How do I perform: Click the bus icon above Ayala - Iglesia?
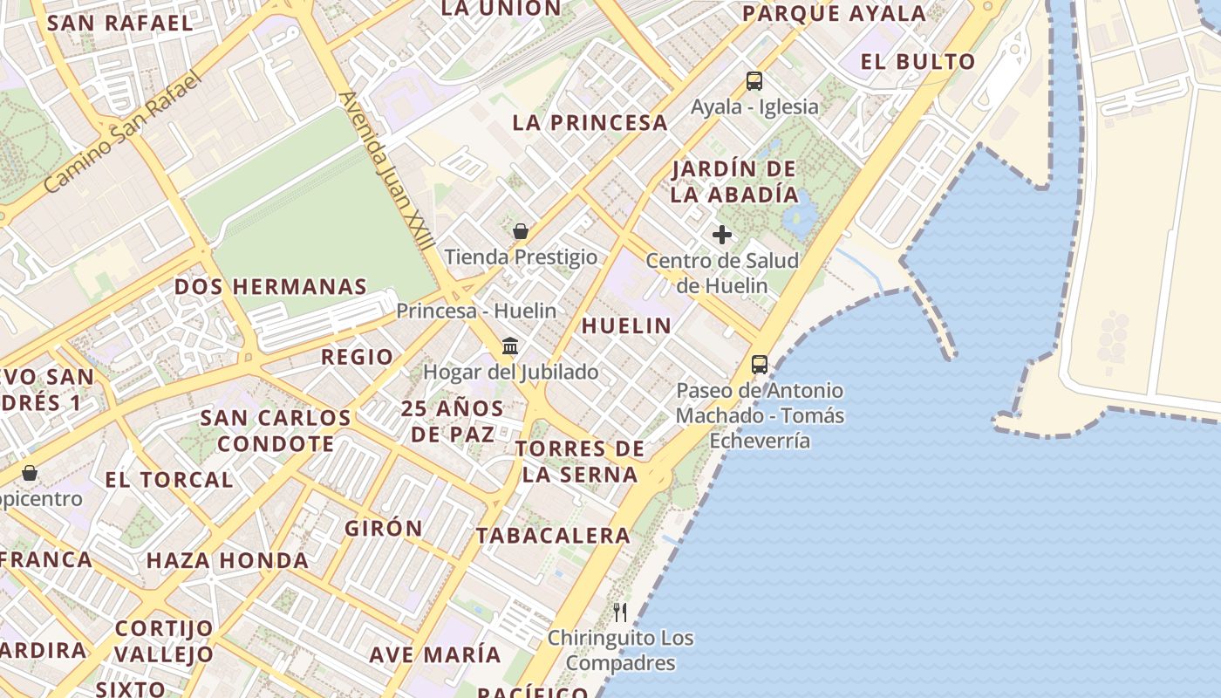754,81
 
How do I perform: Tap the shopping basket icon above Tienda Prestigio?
521,231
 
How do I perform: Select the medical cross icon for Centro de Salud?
722,235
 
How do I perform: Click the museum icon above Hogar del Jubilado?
511,346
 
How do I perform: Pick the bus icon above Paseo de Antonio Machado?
760,365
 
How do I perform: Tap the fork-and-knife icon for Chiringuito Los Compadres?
620,612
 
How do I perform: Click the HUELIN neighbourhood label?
626,326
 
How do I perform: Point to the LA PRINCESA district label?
590,123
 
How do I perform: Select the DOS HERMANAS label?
270,287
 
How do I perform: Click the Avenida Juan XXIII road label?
386,171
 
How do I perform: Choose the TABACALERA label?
553,536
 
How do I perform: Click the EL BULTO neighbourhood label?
917,62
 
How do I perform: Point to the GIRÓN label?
384,529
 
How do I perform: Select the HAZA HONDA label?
228,561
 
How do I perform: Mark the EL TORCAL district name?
169,480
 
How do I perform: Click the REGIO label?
358,357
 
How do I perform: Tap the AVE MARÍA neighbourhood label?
435,654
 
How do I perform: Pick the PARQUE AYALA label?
835,14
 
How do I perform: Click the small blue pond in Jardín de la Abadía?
800,215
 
